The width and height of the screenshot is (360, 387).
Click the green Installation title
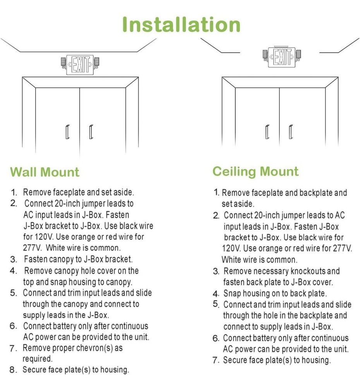(181, 24)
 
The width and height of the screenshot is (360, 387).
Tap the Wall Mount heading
(45, 172)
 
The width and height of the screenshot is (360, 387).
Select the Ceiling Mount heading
(255, 171)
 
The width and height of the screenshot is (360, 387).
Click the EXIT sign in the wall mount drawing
(80, 65)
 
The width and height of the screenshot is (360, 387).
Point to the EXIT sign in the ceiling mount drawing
(281, 57)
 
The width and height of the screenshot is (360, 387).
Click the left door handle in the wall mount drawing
(67, 132)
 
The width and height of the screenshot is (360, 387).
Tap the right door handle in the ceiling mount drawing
(291, 132)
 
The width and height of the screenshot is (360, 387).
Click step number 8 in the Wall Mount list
(13, 370)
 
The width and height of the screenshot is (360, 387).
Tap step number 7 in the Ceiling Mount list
(216, 360)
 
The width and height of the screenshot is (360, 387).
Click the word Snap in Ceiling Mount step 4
(232, 293)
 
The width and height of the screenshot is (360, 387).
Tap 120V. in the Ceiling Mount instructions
(231, 248)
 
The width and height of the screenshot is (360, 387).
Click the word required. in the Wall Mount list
(38, 359)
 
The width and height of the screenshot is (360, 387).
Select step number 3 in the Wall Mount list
(13, 259)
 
